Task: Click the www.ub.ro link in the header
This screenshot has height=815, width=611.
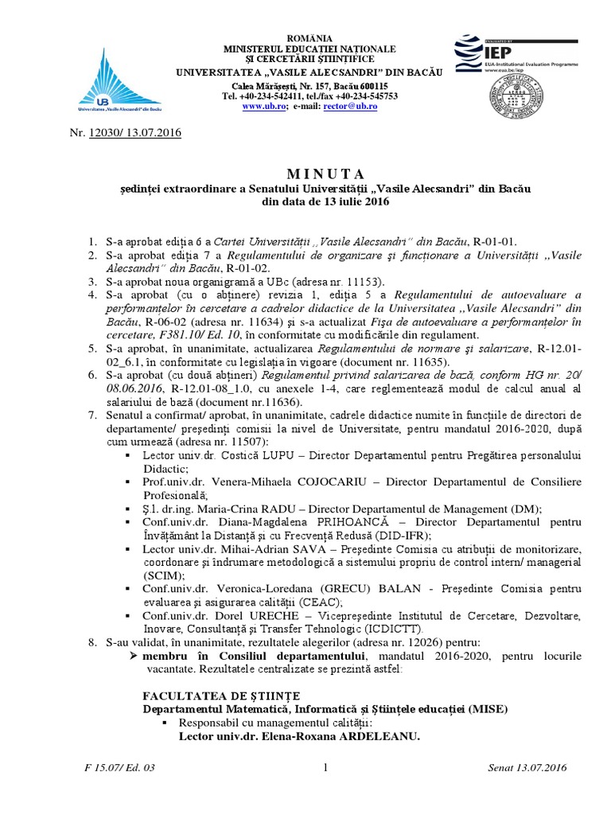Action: pos(263,106)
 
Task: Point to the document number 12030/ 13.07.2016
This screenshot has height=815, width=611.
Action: pos(135,132)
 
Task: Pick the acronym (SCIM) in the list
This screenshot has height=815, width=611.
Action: pos(162,575)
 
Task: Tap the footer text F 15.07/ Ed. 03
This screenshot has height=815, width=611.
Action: pos(118,768)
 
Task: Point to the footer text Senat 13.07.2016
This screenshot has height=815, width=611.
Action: pos(526,768)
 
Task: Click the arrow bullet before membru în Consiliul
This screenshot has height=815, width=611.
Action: pos(134,655)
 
